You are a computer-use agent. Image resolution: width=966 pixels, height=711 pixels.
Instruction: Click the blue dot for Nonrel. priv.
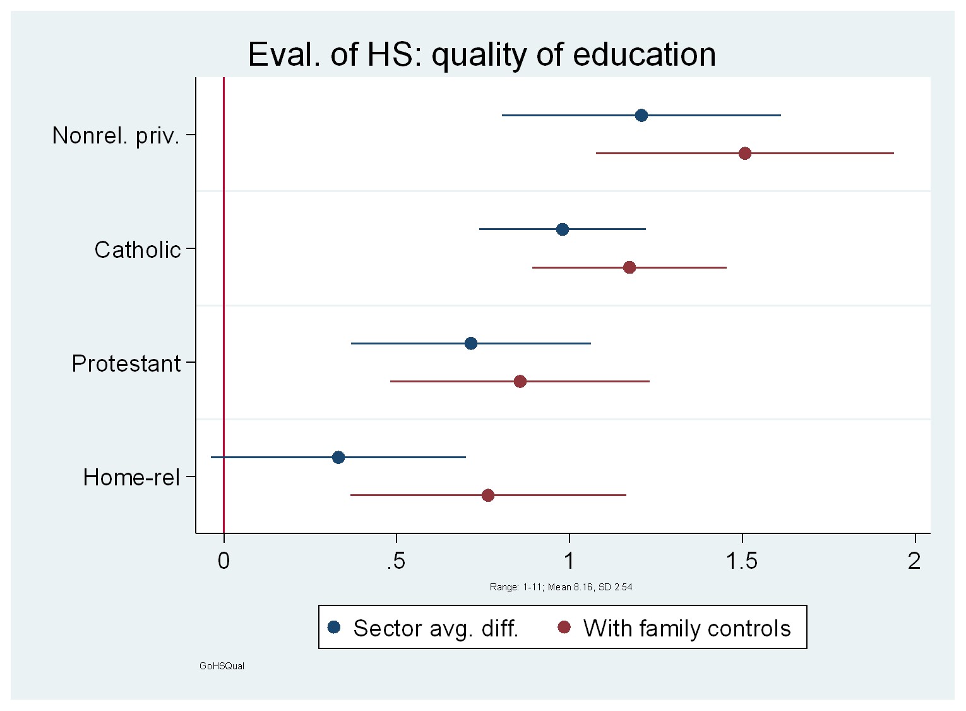(641, 115)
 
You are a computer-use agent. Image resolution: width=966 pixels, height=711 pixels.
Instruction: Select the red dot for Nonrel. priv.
(744, 153)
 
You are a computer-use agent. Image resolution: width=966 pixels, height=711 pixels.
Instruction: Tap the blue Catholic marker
(562, 229)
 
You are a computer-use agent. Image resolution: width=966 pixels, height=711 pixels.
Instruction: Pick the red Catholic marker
(629, 267)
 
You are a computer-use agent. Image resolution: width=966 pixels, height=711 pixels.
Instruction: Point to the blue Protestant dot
(470, 343)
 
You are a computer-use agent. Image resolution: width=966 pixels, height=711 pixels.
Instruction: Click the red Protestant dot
(520, 381)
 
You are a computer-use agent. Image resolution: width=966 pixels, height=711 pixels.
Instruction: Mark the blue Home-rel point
(338, 457)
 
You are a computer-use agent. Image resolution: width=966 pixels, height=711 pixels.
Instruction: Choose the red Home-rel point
(487, 495)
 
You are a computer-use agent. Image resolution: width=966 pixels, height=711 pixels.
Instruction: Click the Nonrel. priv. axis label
(116, 135)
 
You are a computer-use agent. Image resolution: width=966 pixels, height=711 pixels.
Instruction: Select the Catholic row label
(138, 250)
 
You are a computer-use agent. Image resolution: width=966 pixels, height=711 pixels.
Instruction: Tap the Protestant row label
(126, 363)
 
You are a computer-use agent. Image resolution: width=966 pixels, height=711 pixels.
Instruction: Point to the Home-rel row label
(131, 477)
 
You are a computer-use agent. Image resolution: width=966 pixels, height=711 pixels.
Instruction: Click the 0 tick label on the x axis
(224, 561)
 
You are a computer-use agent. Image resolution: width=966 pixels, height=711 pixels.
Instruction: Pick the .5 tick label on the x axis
(395, 561)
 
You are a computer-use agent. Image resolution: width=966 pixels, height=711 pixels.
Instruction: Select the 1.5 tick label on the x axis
(741, 561)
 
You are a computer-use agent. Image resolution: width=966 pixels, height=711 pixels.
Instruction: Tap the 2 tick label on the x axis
(914, 561)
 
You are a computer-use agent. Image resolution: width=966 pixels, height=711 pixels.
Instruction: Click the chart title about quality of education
(482, 54)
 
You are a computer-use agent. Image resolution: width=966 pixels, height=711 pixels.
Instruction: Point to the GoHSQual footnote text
(222, 666)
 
